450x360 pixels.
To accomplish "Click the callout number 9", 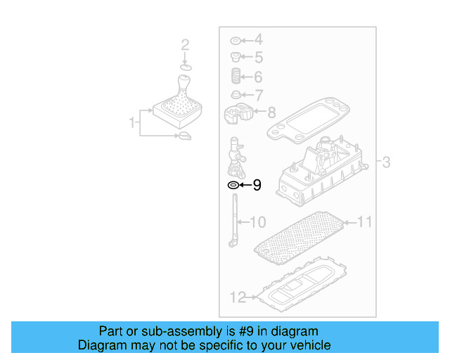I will click(257, 186).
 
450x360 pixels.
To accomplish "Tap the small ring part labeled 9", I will click(232, 186).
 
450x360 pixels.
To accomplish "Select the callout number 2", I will click(185, 46).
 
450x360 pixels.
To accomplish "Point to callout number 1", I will click(131, 123).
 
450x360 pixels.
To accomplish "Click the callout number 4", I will click(258, 40).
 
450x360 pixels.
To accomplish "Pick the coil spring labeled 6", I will click(236, 76).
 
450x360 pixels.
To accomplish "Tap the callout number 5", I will click(258, 58).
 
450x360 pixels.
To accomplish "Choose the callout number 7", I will click(258, 94).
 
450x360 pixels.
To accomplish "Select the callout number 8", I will click(271, 111).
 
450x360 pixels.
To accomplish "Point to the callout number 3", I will click(386, 163).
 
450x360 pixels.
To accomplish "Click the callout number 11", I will click(364, 222).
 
